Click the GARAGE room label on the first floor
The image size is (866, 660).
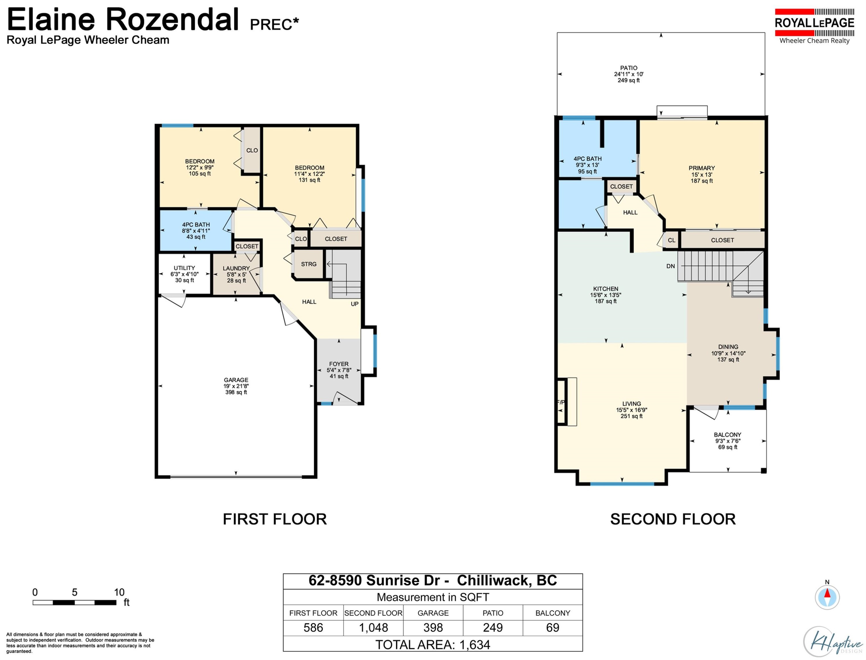point(236,380)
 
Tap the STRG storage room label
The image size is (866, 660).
point(309,264)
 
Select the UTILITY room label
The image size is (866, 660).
point(184,268)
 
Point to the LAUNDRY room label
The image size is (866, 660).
point(236,268)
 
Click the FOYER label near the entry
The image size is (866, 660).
point(339,364)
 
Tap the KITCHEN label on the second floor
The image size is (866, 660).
point(606,289)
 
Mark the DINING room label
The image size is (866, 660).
point(728,347)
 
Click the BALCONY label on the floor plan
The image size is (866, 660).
point(728,435)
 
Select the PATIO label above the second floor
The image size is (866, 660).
point(629,68)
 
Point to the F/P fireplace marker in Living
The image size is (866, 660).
point(561,402)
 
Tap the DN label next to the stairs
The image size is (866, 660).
point(671,266)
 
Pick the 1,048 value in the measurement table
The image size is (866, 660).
point(373,627)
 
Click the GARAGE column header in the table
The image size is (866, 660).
point(433,613)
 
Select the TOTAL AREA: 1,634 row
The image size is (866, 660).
point(433,645)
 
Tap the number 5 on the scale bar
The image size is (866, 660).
point(75,592)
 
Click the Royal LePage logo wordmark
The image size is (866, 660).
point(815,23)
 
